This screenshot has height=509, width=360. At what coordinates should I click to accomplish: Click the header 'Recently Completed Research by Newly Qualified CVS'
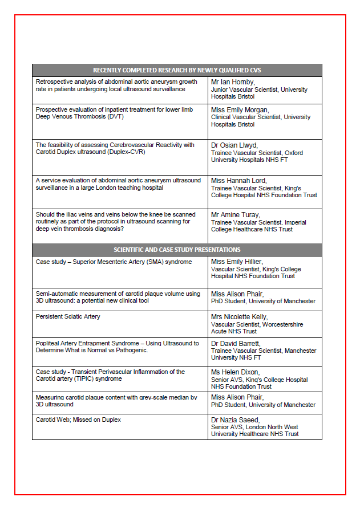[x=177, y=70]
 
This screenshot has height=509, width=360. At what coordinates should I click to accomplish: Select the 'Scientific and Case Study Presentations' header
[x=177, y=250]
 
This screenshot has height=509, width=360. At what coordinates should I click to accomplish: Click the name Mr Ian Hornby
[x=232, y=82]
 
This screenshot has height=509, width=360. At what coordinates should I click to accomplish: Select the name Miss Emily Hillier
[x=237, y=262]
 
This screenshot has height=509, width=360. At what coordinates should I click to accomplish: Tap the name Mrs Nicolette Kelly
[x=239, y=317]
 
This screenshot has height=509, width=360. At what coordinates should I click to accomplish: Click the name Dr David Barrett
[x=236, y=344]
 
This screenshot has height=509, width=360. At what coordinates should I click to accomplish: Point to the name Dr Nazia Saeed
[x=236, y=420]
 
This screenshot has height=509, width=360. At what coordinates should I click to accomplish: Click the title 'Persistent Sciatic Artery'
[x=68, y=316]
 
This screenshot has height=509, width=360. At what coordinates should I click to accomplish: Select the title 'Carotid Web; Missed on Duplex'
[x=78, y=420]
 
